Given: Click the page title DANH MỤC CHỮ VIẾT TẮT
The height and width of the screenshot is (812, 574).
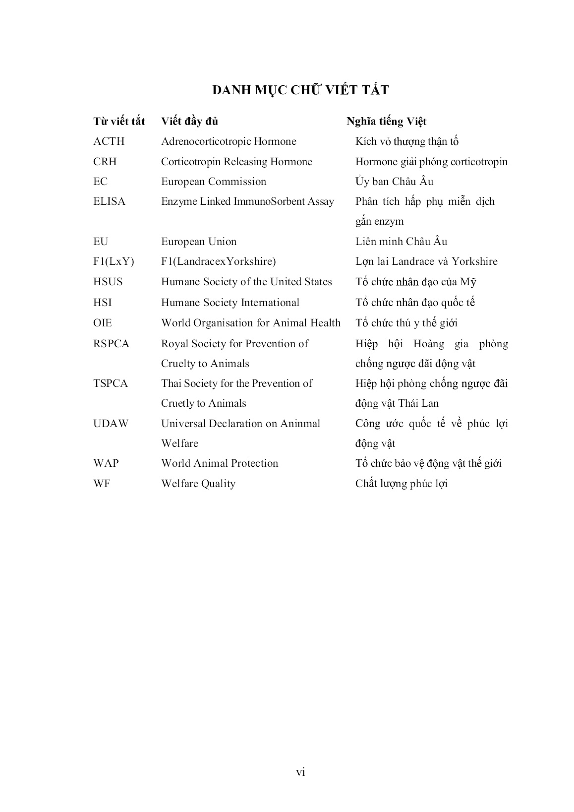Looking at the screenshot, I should [300, 90].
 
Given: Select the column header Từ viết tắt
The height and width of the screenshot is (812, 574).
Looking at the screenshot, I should [119, 122].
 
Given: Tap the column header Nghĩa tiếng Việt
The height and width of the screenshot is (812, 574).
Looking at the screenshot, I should [387, 122].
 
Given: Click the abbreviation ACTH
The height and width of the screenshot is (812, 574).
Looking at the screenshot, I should [109, 141].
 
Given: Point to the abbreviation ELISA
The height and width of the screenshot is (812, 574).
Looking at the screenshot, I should [110, 201].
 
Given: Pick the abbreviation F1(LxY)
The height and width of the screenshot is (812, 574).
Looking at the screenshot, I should [114, 261].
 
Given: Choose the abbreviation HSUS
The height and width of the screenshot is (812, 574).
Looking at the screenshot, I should [108, 282].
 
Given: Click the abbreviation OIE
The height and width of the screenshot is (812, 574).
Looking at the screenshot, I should [103, 323].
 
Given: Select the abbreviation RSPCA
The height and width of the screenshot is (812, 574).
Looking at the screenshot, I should [111, 344].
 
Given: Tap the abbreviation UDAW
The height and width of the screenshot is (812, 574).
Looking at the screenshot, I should [111, 424].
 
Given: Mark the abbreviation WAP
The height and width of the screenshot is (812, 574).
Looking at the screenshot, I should [106, 463].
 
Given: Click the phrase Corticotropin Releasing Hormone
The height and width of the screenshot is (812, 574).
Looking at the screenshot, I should [236, 162].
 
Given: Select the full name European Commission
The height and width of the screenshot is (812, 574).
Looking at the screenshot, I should [214, 182].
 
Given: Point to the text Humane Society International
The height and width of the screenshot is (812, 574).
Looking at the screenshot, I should [230, 303].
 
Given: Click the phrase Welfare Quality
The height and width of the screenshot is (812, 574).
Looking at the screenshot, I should [198, 484].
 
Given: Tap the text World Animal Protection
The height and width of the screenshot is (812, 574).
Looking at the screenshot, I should [220, 463].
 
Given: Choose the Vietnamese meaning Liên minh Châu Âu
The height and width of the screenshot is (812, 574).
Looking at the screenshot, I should [401, 242].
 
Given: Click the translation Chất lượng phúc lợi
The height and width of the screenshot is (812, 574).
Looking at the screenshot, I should [401, 484].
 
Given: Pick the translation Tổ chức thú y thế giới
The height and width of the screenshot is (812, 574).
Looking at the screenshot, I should [406, 323].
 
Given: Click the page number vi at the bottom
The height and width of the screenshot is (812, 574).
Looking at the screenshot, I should [300, 772].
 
